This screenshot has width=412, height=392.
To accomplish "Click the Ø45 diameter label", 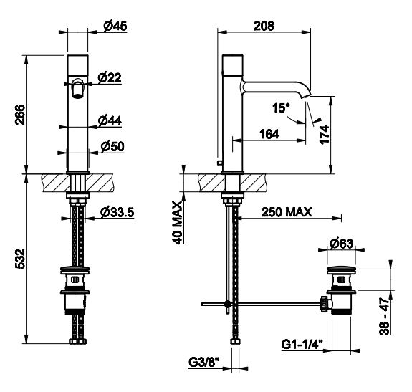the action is click(x=115, y=26).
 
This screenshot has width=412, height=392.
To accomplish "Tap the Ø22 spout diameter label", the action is click(x=110, y=78).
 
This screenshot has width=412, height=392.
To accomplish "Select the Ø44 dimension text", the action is click(x=110, y=121).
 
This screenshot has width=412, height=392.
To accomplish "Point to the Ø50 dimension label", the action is click(x=112, y=146).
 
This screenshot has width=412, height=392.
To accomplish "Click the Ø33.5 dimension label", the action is click(x=118, y=212).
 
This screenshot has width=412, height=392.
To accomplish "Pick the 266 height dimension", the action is click(x=20, y=115).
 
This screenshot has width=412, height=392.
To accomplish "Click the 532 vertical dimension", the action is click(x=20, y=259).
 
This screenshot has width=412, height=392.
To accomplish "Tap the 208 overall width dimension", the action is click(x=264, y=26).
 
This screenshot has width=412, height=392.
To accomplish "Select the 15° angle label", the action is click(x=281, y=108).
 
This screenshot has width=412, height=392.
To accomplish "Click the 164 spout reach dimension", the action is click(x=269, y=134).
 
